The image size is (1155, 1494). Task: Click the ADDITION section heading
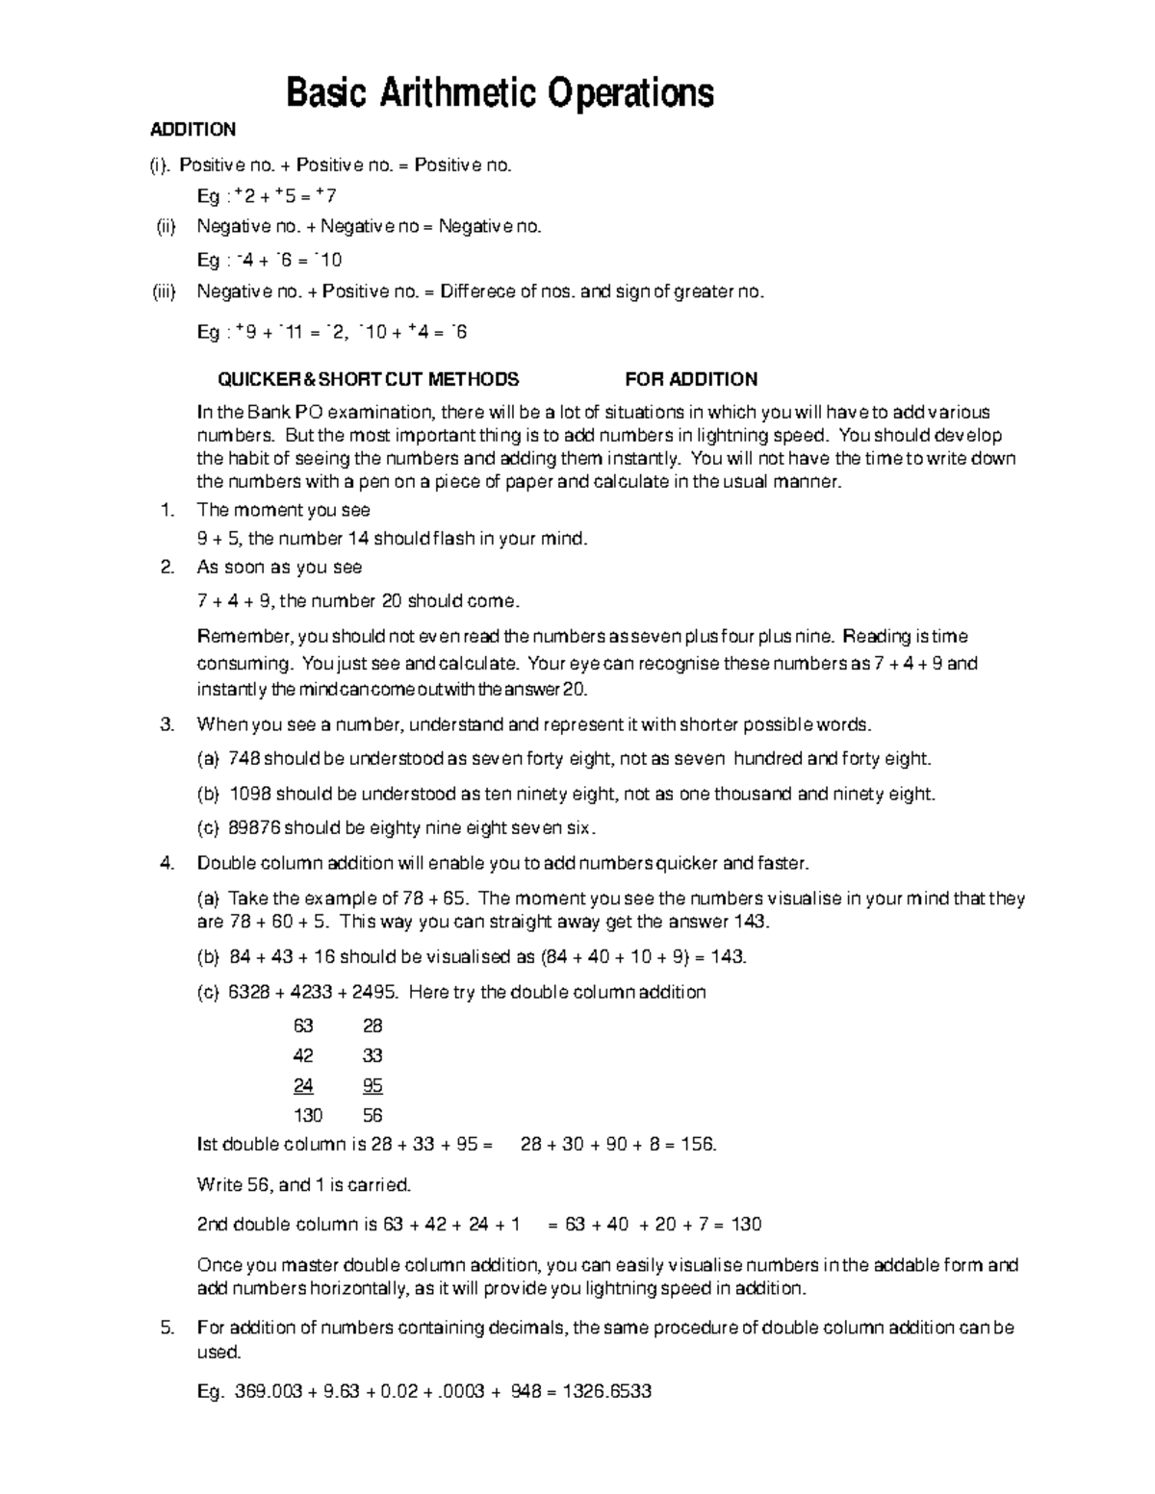(x=192, y=130)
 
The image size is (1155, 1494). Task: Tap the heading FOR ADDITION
(x=691, y=379)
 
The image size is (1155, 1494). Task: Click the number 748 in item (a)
(x=244, y=759)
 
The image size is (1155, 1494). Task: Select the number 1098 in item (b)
(x=249, y=795)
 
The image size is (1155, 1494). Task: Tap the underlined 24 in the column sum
(x=303, y=1086)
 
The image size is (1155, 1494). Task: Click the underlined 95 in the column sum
(x=372, y=1086)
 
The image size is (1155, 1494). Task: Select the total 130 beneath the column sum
(x=308, y=1116)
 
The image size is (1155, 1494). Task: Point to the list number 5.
(x=167, y=1329)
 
